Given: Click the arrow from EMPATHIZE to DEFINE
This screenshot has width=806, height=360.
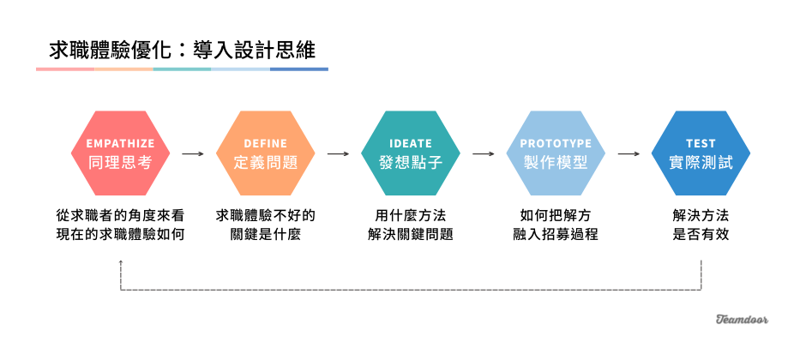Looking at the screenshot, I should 193,154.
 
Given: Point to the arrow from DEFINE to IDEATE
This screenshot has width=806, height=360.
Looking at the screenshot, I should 338,154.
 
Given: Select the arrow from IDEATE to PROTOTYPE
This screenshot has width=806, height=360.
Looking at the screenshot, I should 484,154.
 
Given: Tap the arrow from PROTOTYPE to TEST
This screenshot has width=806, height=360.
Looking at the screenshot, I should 629,154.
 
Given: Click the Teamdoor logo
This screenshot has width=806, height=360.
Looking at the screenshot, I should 742,320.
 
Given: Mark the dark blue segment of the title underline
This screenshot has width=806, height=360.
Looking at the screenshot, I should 298,69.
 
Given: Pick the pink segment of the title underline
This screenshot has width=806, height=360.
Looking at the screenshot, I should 65,69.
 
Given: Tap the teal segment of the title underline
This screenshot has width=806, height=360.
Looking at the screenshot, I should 182,69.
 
